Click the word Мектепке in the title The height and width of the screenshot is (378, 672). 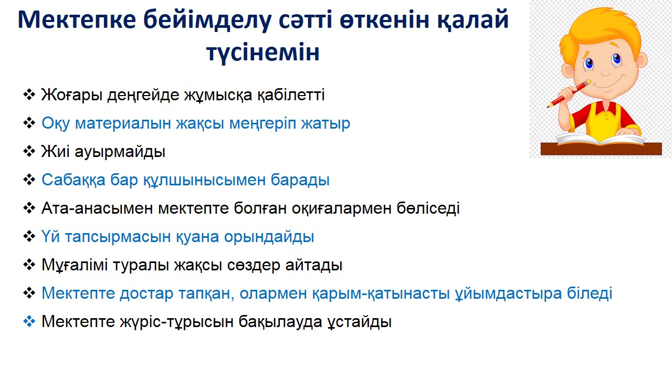(x=77, y=20)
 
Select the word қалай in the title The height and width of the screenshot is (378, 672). (x=472, y=20)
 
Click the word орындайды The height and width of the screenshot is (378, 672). (x=269, y=237)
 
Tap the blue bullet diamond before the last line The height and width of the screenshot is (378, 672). (x=29, y=321)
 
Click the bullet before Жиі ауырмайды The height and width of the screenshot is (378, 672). (x=29, y=151)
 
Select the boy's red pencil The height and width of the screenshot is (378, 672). (x=568, y=93)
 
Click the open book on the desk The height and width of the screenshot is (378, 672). (x=600, y=140)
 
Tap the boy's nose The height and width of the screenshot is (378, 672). (x=605, y=72)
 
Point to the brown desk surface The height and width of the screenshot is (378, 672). (x=601, y=149)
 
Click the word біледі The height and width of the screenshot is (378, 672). (x=590, y=293)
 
